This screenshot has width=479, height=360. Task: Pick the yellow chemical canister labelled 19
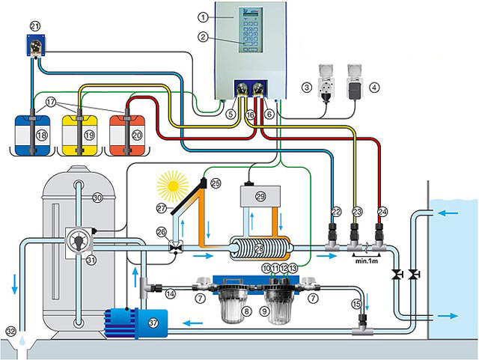tap(79, 132)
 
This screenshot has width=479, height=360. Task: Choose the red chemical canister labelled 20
tap(126, 132)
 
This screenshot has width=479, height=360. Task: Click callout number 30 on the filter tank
tap(97, 198)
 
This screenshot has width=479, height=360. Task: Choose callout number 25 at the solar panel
tap(216, 182)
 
